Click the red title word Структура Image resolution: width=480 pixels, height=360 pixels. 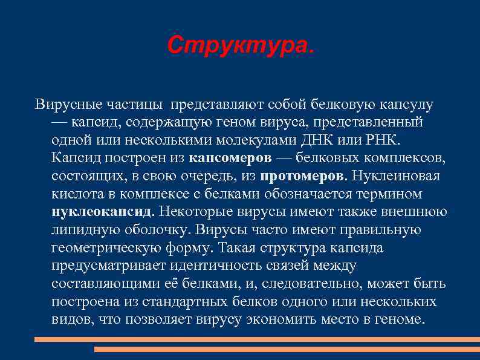tap(240, 44)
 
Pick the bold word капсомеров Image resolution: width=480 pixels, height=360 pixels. tap(230, 159)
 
